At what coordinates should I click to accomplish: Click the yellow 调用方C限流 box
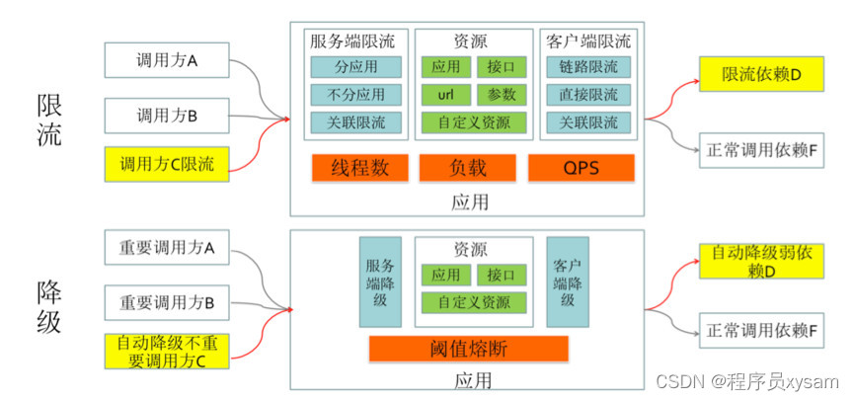[x=167, y=163]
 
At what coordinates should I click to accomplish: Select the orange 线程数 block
[x=360, y=168]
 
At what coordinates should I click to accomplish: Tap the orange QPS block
[x=581, y=168]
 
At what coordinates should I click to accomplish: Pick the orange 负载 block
[x=469, y=168]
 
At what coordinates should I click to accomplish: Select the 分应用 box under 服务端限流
[x=356, y=67]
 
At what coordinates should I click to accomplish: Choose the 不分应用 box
[x=356, y=95]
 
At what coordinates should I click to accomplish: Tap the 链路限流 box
[x=588, y=67]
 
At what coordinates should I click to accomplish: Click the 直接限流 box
[x=588, y=95]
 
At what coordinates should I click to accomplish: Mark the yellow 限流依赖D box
[x=760, y=74]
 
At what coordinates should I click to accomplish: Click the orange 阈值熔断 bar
[x=469, y=349]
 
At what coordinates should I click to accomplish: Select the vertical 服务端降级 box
[x=381, y=281]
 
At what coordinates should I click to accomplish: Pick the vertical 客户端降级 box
[x=567, y=281]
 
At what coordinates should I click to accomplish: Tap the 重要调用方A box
[x=167, y=248]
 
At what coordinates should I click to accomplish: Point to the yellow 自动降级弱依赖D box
[x=760, y=262]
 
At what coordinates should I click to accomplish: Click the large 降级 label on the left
[x=49, y=306]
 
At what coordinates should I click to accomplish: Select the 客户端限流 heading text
[x=587, y=41]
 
